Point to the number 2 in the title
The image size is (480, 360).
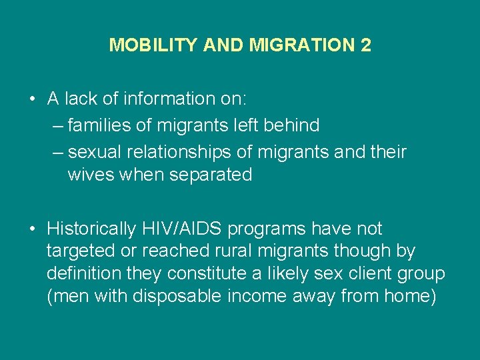[x=365, y=45]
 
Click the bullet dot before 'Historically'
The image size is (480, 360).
[x=32, y=229]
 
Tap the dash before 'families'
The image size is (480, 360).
[x=57, y=125]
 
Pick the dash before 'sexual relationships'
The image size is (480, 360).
[x=57, y=152]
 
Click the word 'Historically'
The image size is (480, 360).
[x=92, y=229]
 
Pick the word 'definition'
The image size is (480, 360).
[x=85, y=273]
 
